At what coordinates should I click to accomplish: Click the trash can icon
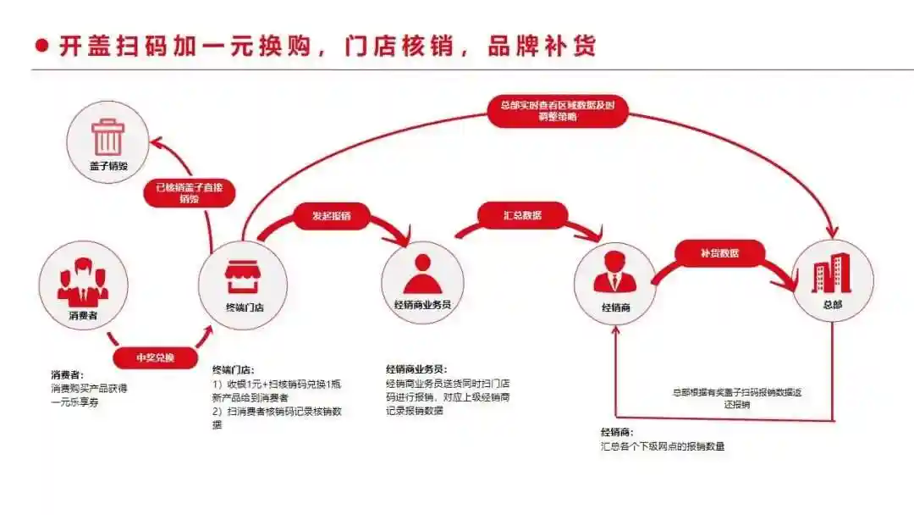pos(108,136)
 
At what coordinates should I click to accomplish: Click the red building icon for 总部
pos(831,274)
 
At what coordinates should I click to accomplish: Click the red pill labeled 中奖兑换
pos(155,357)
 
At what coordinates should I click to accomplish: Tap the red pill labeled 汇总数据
pos(521,215)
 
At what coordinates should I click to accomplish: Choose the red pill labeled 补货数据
pos(719,252)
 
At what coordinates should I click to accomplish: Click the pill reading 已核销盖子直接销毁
pos(189,194)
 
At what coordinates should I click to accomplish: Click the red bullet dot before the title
pos(41,46)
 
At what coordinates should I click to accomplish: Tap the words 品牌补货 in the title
pos(542,46)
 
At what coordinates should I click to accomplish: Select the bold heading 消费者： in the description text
pos(67,374)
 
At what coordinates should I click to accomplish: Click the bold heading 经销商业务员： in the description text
pos(416,369)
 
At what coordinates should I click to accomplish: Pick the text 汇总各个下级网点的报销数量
pos(663,446)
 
